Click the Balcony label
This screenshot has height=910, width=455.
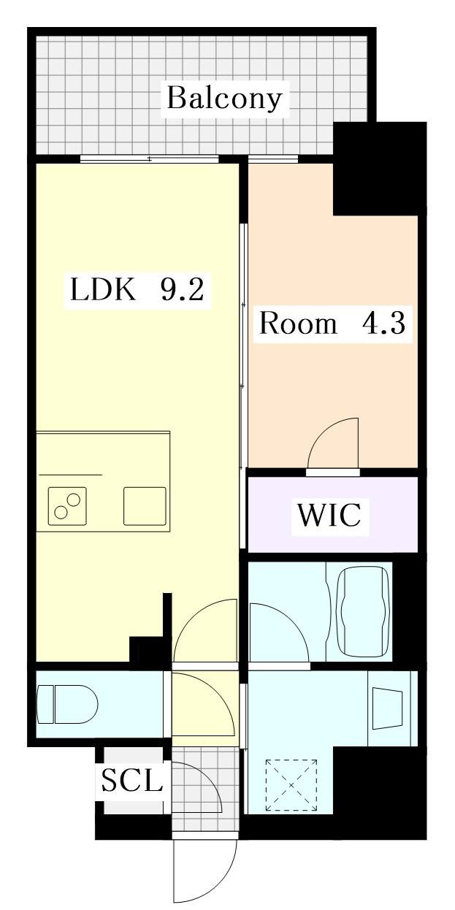pyautogui.click(x=224, y=99)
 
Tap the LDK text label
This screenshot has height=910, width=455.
pyautogui.click(x=103, y=289)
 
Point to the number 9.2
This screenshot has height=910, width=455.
pyautogui.click(x=183, y=289)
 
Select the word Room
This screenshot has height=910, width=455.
pyautogui.click(x=298, y=324)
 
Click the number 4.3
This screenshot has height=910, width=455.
pyautogui.click(x=383, y=324)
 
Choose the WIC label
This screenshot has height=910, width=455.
pyautogui.click(x=329, y=515)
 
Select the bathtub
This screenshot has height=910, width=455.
pyautogui.click(x=364, y=612)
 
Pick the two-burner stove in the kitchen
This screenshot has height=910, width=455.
pyautogui.click(x=67, y=506)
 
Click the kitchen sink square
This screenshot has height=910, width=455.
pyautogui.click(x=145, y=506)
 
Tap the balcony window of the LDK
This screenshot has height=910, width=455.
pyautogui.click(x=150, y=159)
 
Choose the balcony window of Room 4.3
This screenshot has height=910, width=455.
pyautogui.click(x=273, y=159)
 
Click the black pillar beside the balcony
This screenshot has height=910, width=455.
pyautogui.click(x=380, y=168)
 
